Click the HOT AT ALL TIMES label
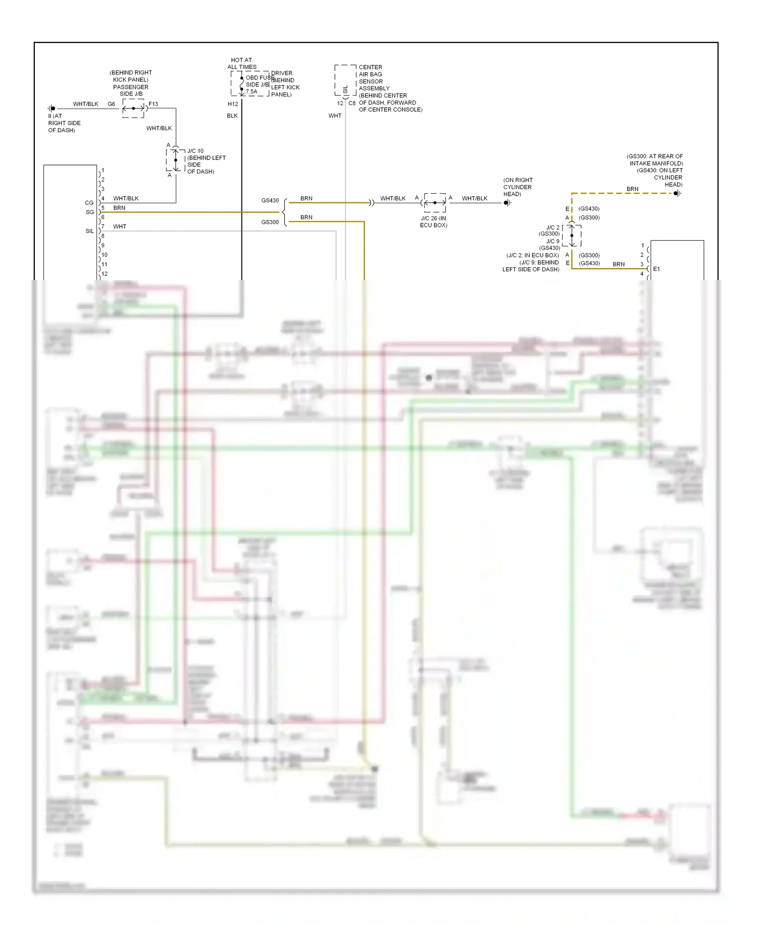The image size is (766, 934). pyautogui.click(x=242, y=63)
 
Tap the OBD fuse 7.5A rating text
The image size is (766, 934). pyautogui.click(x=251, y=92)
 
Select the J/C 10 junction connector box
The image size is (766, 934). pyautogui.click(x=176, y=160)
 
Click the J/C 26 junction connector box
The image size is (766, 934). pyautogui.click(x=435, y=203)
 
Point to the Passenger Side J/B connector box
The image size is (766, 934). pyautogui.click(x=134, y=108)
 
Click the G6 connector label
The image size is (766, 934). pyautogui.click(x=111, y=104)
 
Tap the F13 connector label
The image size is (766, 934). pyautogui.click(x=153, y=104)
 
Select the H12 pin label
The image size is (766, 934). pyautogui.click(x=233, y=104)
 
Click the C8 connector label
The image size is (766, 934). pyautogui.click(x=352, y=104)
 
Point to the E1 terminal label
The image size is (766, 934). pyautogui.click(x=656, y=269)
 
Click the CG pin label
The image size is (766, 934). pyautogui.click(x=89, y=203)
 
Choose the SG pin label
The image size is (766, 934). pyautogui.click(x=90, y=212)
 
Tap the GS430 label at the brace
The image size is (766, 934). pyautogui.click(x=270, y=201)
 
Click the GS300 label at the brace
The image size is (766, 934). pyautogui.click(x=270, y=222)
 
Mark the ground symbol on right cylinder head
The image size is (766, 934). pyautogui.click(x=507, y=203)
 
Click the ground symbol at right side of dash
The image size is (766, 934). pyautogui.click(x=52, y=108)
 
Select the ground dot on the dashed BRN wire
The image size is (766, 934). pyautogui.click(x=676, y=194)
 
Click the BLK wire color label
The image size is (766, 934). pyautogui.click(x=232, y=116)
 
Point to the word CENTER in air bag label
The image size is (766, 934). pyautogui.click(x=370, y=67)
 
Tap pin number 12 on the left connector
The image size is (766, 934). pyautogui.click(x=105, y=274)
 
